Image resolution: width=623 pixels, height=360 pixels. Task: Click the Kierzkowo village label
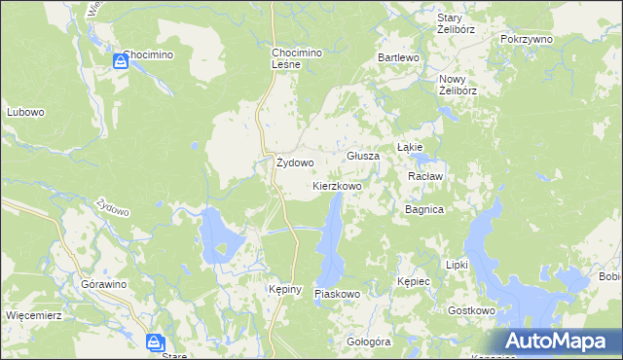click(338, 185)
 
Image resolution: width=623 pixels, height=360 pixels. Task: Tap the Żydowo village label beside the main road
click(294, 163)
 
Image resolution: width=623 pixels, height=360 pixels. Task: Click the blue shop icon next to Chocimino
click(120, 61)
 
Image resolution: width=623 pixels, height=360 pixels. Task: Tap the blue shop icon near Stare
click(155, 342)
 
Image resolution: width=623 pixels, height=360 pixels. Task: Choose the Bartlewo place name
click(398, 58)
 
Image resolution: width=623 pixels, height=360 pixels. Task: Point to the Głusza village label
click(363, 156)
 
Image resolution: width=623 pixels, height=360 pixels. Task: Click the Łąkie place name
click(409, 148)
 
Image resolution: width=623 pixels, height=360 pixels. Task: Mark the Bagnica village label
click(424, 209)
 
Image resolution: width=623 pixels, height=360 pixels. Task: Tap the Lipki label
click(457, 265)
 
